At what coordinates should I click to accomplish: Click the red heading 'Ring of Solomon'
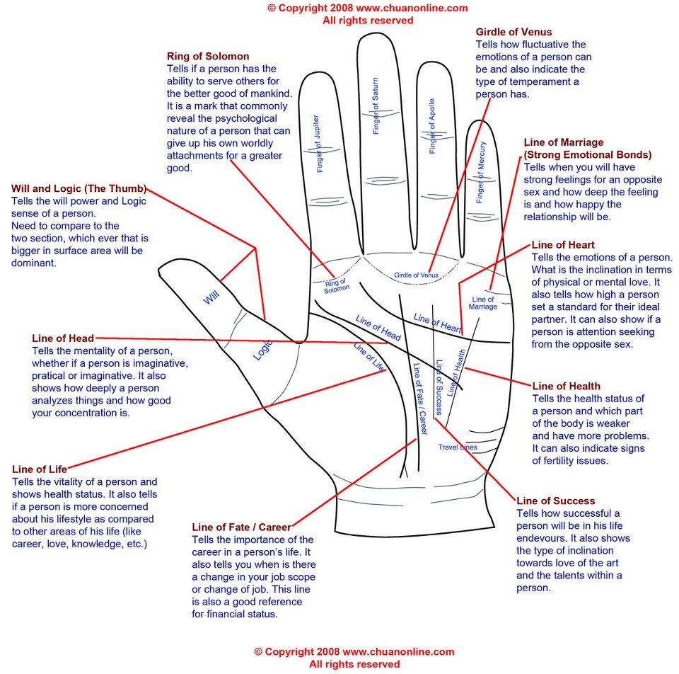(208, 56)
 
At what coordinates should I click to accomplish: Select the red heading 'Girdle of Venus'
(513, 32)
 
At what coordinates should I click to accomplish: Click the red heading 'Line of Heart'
(563, 245)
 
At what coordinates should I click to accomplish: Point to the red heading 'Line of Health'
(566, 386)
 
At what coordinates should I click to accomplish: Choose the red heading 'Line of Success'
(556, 501)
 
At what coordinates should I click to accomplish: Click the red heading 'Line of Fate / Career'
(242, 527)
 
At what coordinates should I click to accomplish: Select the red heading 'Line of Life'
(40, 469)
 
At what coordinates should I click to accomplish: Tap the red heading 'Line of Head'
(63, 338)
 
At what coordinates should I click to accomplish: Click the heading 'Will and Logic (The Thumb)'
(79, 188)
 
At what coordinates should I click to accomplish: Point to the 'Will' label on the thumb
(211, 297)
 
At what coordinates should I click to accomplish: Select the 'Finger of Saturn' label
(376, 106)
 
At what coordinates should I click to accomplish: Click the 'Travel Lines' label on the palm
(457, 447)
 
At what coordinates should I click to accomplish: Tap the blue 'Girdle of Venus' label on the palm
(416, 275)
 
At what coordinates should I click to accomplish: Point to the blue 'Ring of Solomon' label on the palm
(337, 285)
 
